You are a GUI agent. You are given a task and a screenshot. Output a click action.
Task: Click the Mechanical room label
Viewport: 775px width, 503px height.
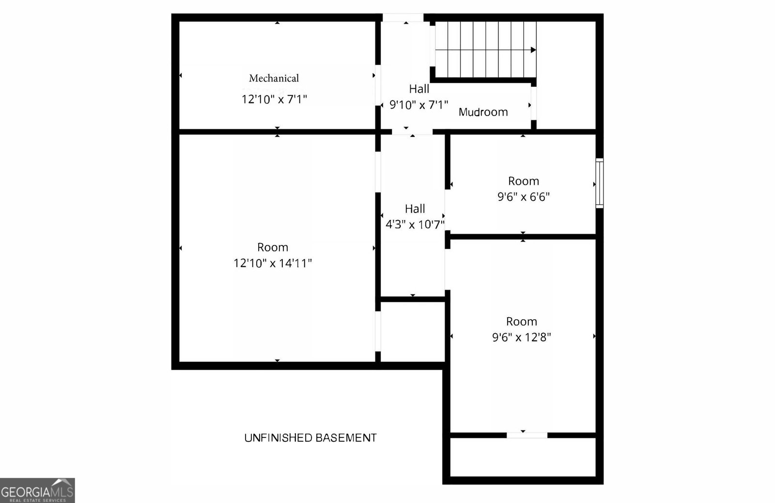tap(274, 78)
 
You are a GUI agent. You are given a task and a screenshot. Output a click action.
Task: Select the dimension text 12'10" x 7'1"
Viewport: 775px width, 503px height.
tap(274, 99)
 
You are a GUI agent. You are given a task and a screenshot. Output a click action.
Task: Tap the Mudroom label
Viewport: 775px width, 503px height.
tap(483, 112)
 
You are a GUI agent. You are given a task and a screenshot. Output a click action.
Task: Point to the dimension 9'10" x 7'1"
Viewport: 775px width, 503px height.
tap(418, 105)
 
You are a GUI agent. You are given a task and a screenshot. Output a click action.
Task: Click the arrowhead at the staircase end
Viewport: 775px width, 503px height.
tap(533, 50)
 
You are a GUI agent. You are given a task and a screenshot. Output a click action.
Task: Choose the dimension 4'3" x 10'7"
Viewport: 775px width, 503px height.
tap(415, 225)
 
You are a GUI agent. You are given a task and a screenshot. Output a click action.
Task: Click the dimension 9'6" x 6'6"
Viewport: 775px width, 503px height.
tap(523, 197)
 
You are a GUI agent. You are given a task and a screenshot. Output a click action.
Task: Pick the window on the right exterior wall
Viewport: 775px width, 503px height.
tap(599, 183)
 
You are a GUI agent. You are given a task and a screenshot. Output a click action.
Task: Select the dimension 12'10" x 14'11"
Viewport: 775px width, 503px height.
tap(272, 263)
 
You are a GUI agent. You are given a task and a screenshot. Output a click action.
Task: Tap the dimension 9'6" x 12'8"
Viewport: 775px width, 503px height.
tap(521, 338)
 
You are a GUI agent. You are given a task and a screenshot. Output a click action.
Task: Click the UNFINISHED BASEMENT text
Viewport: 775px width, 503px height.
tap(310, 438)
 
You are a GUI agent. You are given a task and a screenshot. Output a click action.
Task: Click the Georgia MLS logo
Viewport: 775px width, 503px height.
tap(37, 490)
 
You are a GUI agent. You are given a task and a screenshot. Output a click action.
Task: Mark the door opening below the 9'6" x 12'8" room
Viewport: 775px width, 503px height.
tap(527, 435)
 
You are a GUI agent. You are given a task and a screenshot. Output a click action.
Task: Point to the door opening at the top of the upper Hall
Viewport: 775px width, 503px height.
tap(403, 18)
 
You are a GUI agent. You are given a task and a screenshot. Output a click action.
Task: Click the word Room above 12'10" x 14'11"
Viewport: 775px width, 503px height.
tap(272, 247)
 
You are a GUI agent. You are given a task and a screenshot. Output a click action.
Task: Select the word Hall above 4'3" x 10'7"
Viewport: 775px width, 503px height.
tap(415, 209)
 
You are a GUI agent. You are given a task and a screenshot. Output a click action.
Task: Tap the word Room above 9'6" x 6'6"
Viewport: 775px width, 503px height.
tap(523, 181)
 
